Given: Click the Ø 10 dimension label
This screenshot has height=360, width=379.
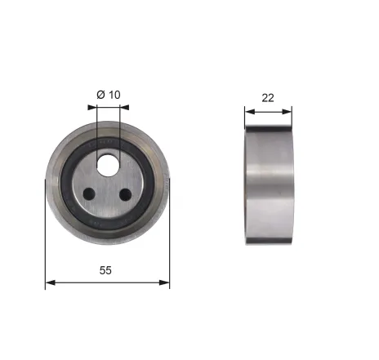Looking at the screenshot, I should pyautogui.click(x=108, y=95).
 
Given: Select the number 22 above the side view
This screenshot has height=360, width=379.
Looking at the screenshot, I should pyautogui.click(x=267, y=97).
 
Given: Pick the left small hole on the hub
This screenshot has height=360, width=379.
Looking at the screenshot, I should pyautogui.click(x=89, y=194).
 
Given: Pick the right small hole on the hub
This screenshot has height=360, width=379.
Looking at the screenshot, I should pyautogui.click(x=127, y=194).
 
